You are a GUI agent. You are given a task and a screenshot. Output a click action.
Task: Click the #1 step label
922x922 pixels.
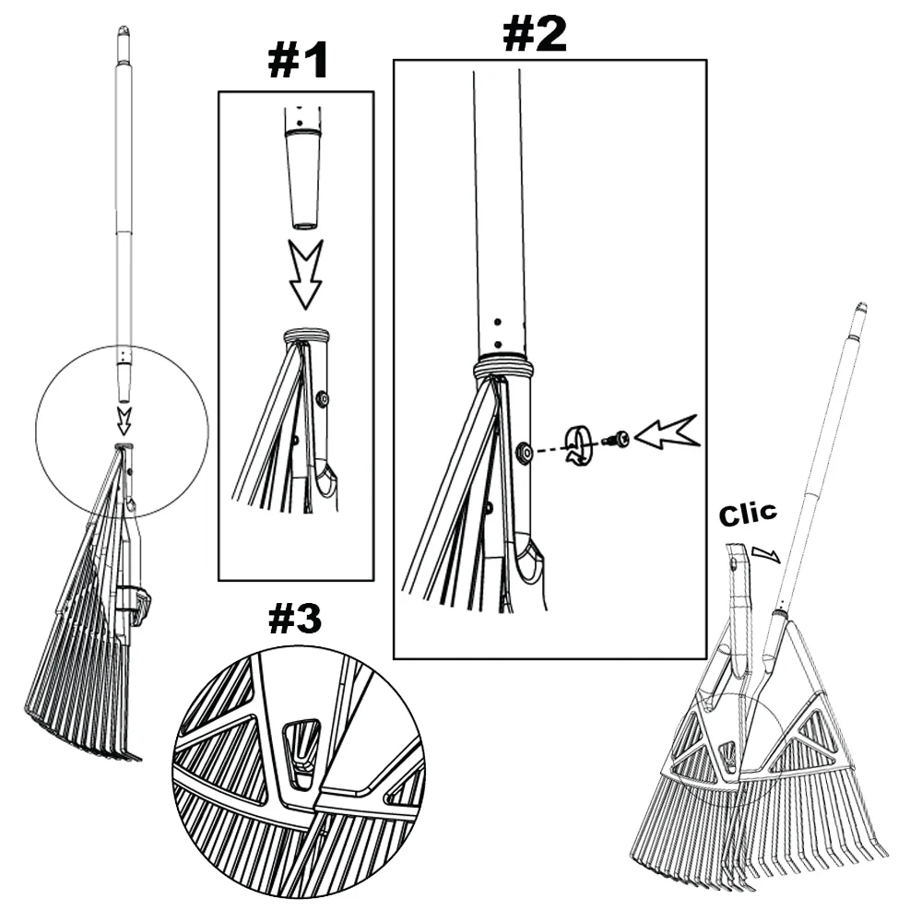(x=298, y=62)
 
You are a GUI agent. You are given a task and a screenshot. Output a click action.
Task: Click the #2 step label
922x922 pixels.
(x=535, y=34)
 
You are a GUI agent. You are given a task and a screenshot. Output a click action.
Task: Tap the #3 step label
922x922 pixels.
(x=295, y=620)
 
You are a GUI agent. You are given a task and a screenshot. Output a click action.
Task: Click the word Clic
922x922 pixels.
(x=748, y=514)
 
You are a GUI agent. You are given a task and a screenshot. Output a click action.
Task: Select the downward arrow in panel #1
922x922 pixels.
(x=306, y=274)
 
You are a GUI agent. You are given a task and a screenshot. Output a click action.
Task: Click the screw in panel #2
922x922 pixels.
(x=616, y=439)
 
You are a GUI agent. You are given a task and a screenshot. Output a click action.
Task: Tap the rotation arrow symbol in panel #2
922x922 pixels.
(x=577, y=444)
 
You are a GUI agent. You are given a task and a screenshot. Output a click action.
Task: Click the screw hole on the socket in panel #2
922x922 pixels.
(x=522, y=452)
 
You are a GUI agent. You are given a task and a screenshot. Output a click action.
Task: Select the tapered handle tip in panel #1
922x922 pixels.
(x=304, y=180)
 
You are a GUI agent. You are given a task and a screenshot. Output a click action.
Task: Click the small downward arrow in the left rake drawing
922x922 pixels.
(x=124, y=420)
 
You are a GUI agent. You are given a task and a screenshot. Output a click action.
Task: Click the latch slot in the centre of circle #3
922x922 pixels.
(x=302, y=744)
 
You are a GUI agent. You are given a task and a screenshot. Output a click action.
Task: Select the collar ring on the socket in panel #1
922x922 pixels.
(x=305, y=336)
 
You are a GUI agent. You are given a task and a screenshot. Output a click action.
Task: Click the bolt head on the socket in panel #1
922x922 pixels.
(x=322, y=399)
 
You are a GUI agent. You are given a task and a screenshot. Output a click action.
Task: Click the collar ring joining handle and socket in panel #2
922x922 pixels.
(x=504, y=368)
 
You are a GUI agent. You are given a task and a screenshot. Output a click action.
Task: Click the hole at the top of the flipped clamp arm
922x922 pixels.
(x=734, y=564)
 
